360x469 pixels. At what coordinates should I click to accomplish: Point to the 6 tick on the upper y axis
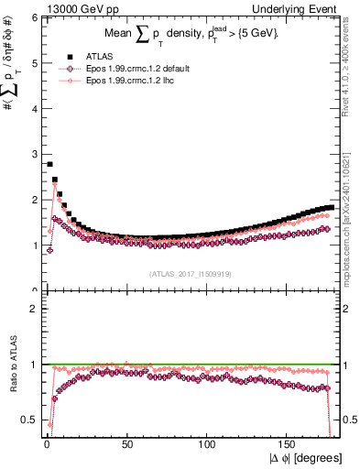point(33,17)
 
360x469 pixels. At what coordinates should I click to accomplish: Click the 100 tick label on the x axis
point(209,443)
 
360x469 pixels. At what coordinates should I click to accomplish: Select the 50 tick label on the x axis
point(127,443)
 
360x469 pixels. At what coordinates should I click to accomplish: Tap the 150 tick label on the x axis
point(289,443)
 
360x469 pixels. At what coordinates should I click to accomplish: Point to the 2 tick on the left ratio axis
point(33,308)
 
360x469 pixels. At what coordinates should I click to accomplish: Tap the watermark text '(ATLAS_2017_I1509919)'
point(192,273)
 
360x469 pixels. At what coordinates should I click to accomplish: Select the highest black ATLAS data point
point(49,164)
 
